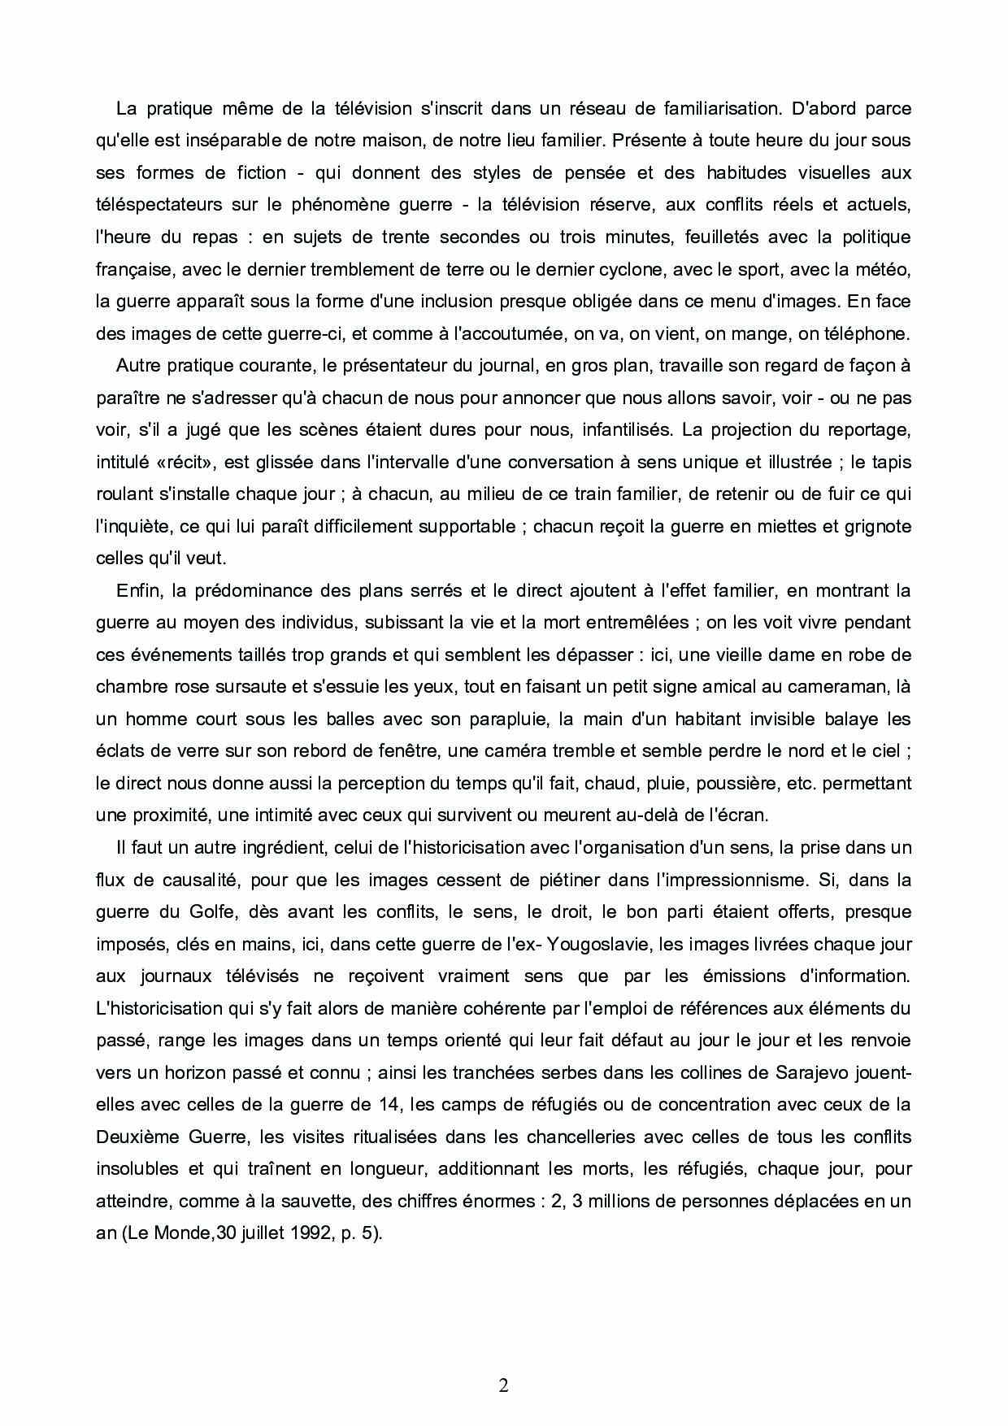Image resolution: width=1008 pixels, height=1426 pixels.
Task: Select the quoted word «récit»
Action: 171,462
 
